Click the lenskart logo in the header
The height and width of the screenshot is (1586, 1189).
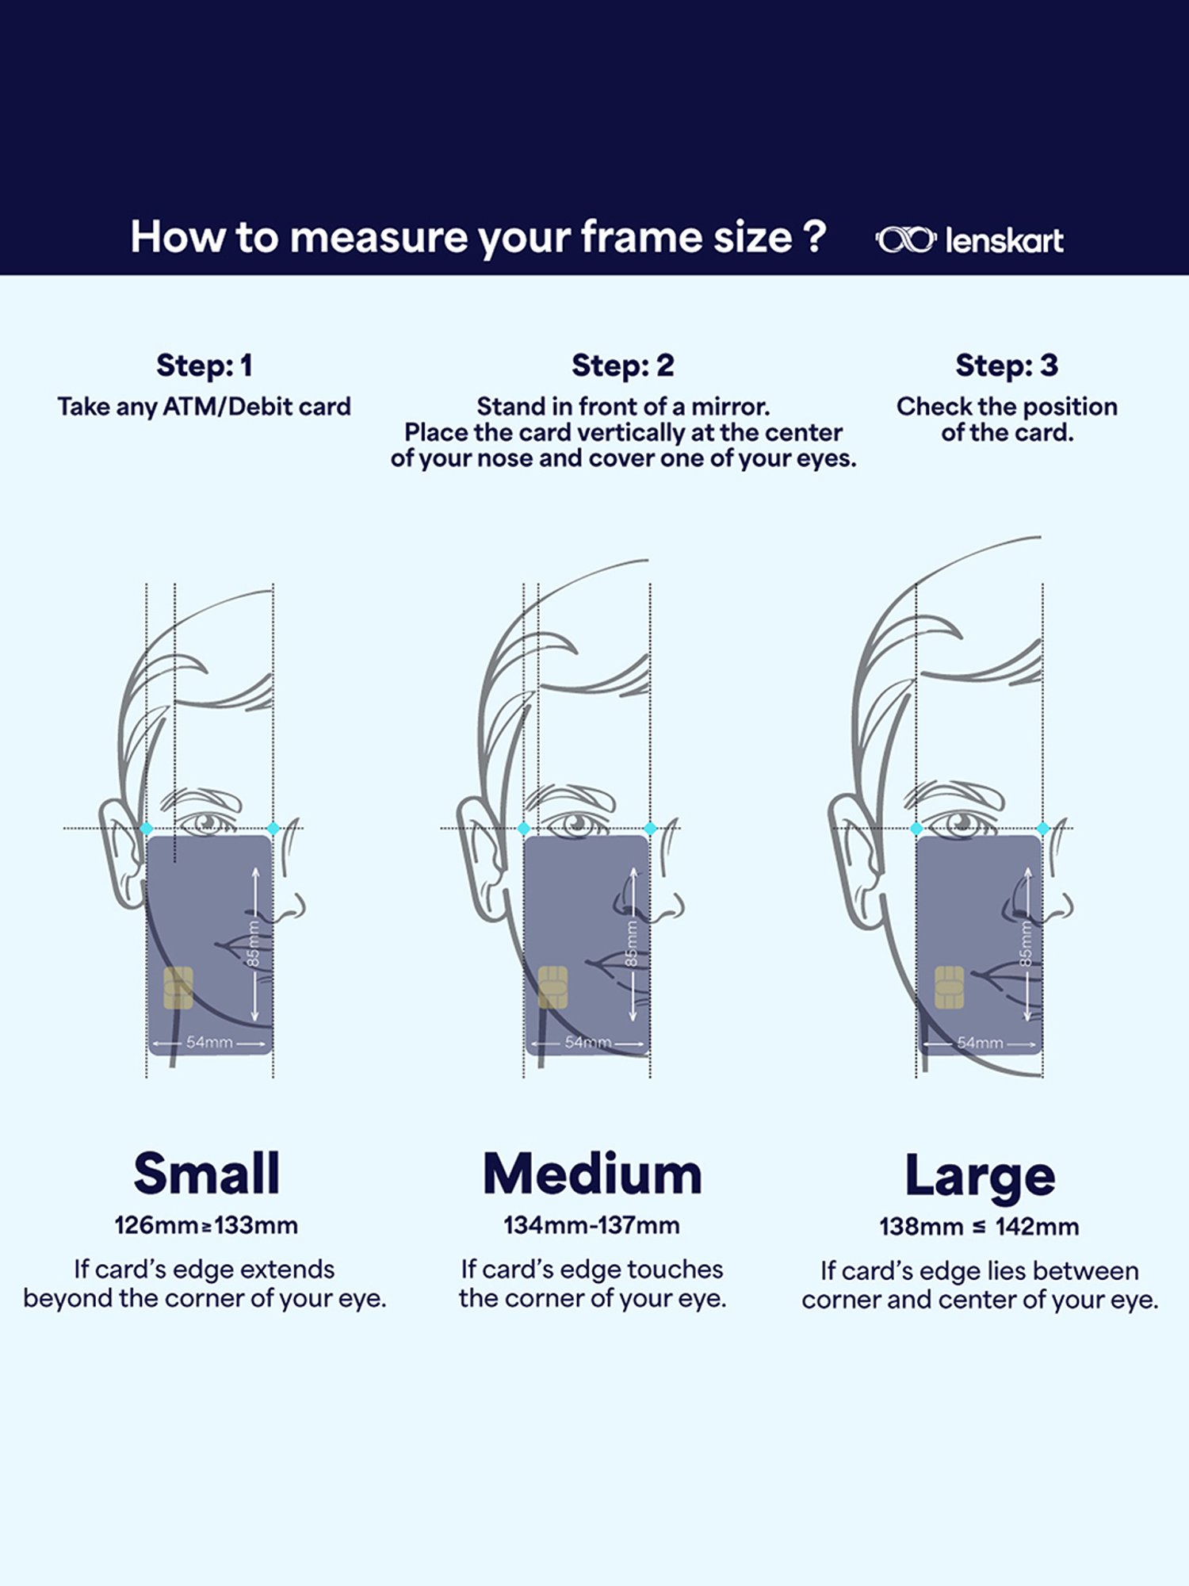969,240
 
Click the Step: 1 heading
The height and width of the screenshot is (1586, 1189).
205,366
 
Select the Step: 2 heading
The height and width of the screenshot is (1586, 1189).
623,366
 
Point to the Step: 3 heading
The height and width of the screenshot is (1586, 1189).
1007,366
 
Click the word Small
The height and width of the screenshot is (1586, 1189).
207,1174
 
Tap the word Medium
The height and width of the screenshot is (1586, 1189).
593,1174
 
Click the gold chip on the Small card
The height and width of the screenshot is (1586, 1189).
178,988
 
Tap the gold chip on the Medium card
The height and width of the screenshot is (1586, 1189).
553,987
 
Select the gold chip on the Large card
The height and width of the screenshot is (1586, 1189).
949,987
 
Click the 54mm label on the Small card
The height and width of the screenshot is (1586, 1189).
209,1042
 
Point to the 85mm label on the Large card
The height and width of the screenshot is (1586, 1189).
1026,944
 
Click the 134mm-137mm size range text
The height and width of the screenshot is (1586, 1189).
592,1225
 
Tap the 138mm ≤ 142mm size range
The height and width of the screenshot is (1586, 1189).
980,1227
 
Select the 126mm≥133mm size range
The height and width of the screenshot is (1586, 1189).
206,1225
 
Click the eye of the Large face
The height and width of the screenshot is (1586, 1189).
962,823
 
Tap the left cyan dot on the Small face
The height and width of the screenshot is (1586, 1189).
147,829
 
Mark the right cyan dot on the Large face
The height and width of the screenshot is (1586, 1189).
1043,829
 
